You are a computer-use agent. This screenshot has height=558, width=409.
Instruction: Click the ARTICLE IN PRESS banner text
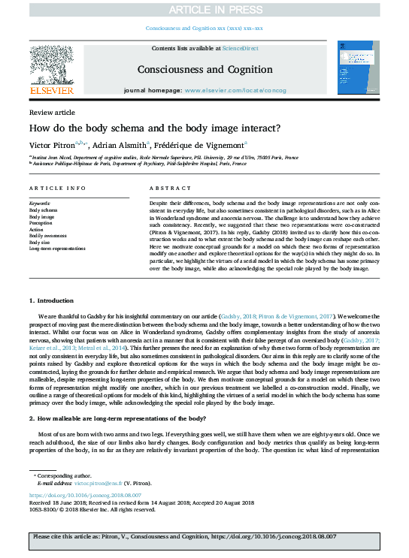[204, 9]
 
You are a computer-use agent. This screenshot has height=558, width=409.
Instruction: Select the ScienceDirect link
[239, 48]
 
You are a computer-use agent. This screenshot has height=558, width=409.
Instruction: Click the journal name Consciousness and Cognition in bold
[204, 69]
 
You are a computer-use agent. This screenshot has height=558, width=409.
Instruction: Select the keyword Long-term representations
[57, 247]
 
